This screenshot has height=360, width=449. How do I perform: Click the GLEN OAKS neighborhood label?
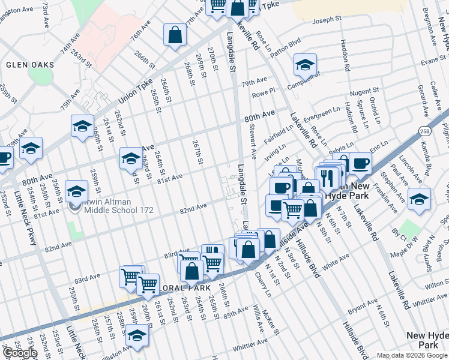(30, 64)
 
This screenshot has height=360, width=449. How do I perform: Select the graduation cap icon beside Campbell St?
(305, 65)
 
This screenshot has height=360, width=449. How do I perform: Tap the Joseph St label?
(326, 20)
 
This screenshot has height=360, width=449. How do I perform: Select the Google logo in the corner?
(20, 353)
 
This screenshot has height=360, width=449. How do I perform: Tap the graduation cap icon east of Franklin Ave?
(419, 199)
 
